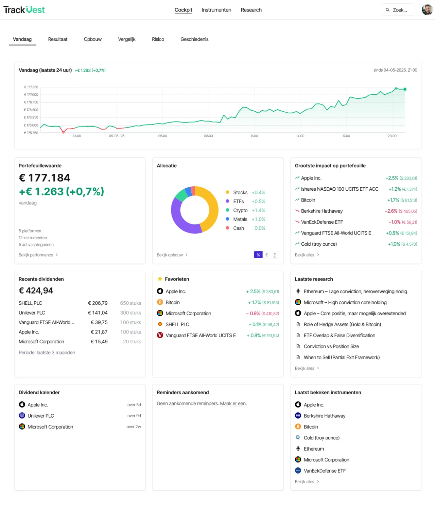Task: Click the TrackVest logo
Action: coord(24,10)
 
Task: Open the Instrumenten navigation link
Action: coord(216,10)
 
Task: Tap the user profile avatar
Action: coord(427,10)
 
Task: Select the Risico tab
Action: coord(158,39)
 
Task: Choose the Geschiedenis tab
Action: coord(194,39)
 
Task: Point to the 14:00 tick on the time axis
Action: coord(300,136)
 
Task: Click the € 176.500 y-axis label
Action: coord(31,110)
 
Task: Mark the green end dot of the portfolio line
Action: coord(405,89)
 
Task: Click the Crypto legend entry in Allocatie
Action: coord(240,210)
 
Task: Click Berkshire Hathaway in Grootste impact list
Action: coord(321,211)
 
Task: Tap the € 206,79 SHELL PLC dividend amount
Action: coord(98,303)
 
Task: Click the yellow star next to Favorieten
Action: coord(160,279)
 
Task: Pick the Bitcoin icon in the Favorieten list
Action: coord(160,302)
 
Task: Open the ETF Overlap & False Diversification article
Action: coord(339,335)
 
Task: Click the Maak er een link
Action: coord(233,403)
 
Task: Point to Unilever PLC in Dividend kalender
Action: coord(41,416)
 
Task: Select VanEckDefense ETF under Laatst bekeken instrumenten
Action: coord(325,471)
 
